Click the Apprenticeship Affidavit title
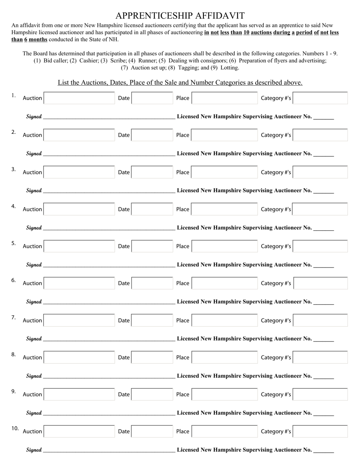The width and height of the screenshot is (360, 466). click(180, 16)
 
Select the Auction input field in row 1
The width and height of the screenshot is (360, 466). click(79, 98)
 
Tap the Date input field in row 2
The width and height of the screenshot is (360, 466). click(152, 135)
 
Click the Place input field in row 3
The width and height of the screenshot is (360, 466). click(224, 172)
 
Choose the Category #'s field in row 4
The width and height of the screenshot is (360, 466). click(321, 209)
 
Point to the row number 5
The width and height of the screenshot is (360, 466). click(14, 243)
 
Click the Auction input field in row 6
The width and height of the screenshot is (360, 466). click(79, 283)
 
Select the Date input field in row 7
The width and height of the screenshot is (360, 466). click(152, 321)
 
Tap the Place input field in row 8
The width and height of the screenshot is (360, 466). click(224, 358)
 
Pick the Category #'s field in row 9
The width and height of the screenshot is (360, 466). click(321, 394)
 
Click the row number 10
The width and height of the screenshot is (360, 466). click(15, 428)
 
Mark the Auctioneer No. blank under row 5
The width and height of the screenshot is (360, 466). click(324, 266)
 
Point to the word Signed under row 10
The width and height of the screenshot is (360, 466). click(34, 450)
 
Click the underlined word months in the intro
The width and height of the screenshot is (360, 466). click(38, 39)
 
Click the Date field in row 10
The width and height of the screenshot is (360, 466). click(152, 432)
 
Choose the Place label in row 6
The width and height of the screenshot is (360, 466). click(183, 283)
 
